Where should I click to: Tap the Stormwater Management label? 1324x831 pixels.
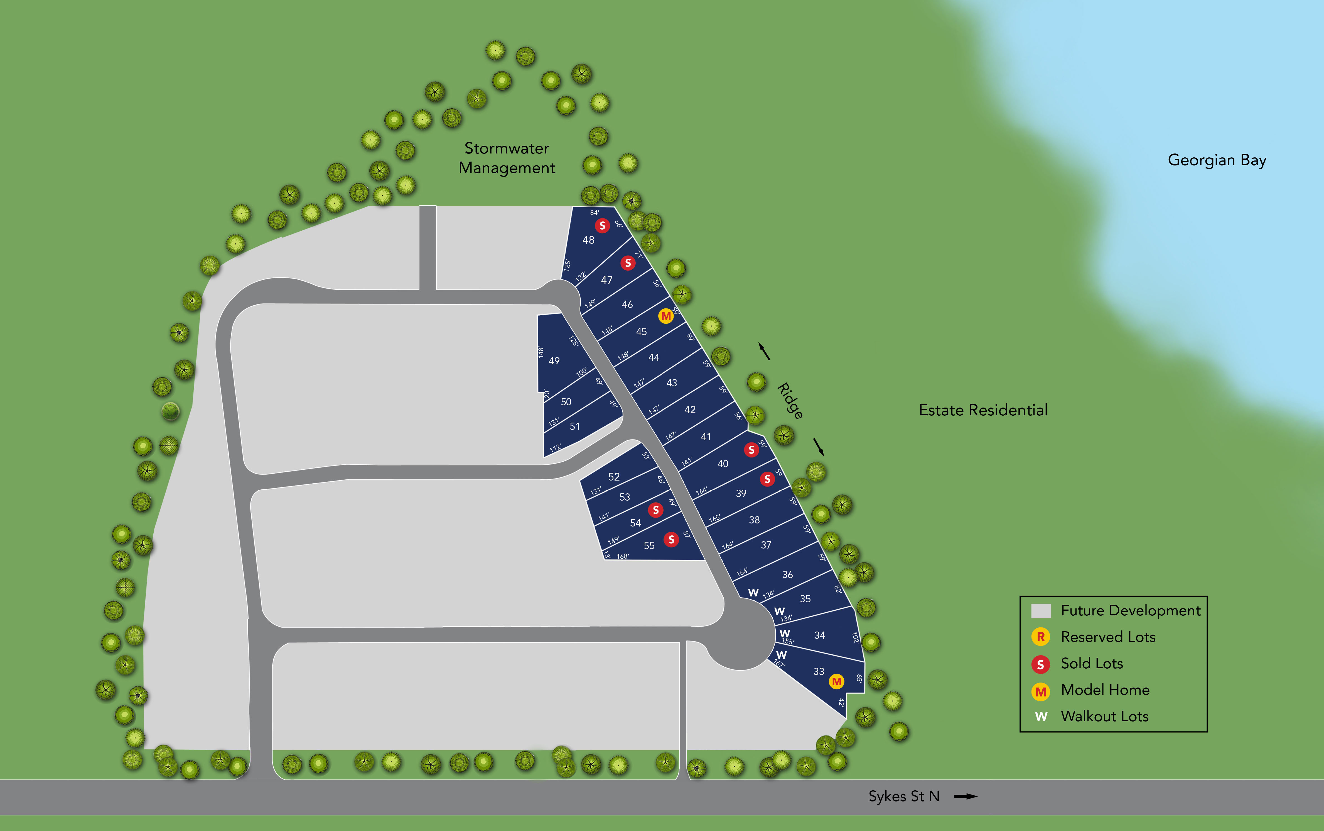(x=507, y=158)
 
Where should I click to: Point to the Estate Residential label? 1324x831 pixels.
(x=983, y=410)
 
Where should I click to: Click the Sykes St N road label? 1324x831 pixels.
(x=903, y=796)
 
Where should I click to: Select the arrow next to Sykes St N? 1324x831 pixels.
(x=966, y=796)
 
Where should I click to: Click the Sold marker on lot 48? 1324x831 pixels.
(x=602, y=225)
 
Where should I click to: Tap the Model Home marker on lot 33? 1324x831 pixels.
(x=836, y=681)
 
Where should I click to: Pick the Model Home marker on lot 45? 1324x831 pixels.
(x=665, y=316)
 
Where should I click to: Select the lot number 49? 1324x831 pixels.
(x=554, y=360)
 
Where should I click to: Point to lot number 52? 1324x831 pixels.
(x=614, y=476)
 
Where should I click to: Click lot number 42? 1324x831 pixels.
(x=690, y=410)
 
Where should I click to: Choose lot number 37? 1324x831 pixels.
(x=766, y=545)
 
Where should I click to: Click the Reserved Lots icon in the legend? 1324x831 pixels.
(x=1040, y=637)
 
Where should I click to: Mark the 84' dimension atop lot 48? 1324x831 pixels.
(x=594, y=213)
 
